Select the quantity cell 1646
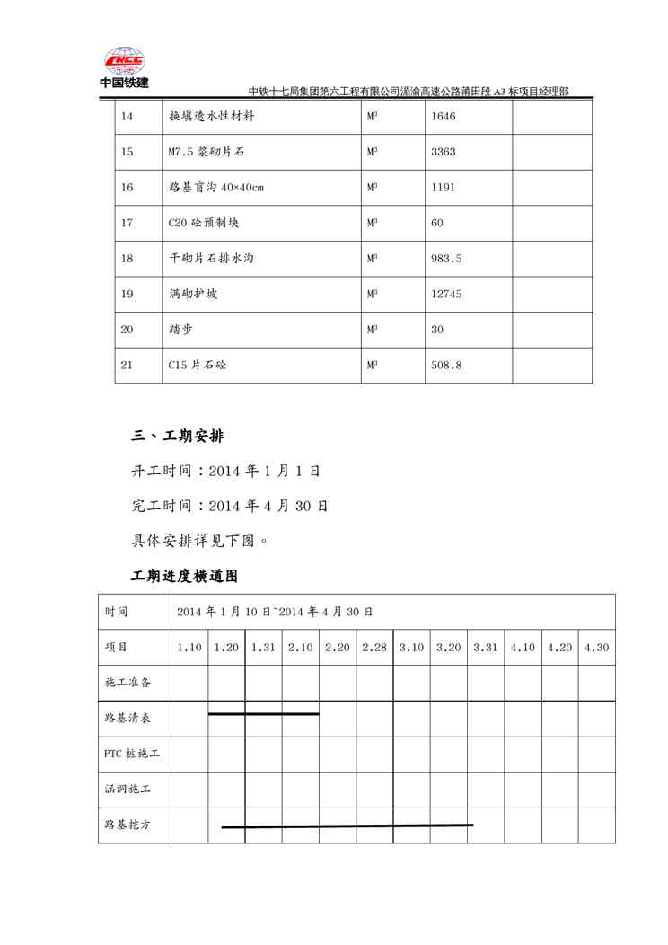click(444, 117)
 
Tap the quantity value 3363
click(444, 152)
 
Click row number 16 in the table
click(127, 188)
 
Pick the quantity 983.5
click(446, 259)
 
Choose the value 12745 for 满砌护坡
click(446, 294)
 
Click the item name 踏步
click(180, 330)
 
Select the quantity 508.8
click(446, 366)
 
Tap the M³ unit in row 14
click(372, 117)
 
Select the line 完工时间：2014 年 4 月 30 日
click(230, 507)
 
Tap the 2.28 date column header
click(374, 648)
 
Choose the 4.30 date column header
click(596, 648)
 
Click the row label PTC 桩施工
click(132, 754)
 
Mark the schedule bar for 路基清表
click(263, 714)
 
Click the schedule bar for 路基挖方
click(347, 826)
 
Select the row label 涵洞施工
click(127, 790)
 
